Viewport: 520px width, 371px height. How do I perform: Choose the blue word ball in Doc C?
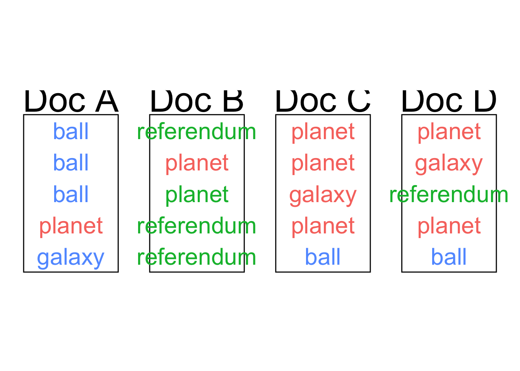click(x=323, y=257)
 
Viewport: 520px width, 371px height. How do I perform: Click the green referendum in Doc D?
click(x=449, y=194)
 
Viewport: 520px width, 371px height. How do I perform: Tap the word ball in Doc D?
click(x=449, y=257)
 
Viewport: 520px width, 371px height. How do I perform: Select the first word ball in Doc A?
click(x=71, y=131)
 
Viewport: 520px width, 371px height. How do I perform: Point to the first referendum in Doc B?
click(x=197, y=131)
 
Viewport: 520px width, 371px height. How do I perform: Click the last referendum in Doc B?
click(x=197, y=257)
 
